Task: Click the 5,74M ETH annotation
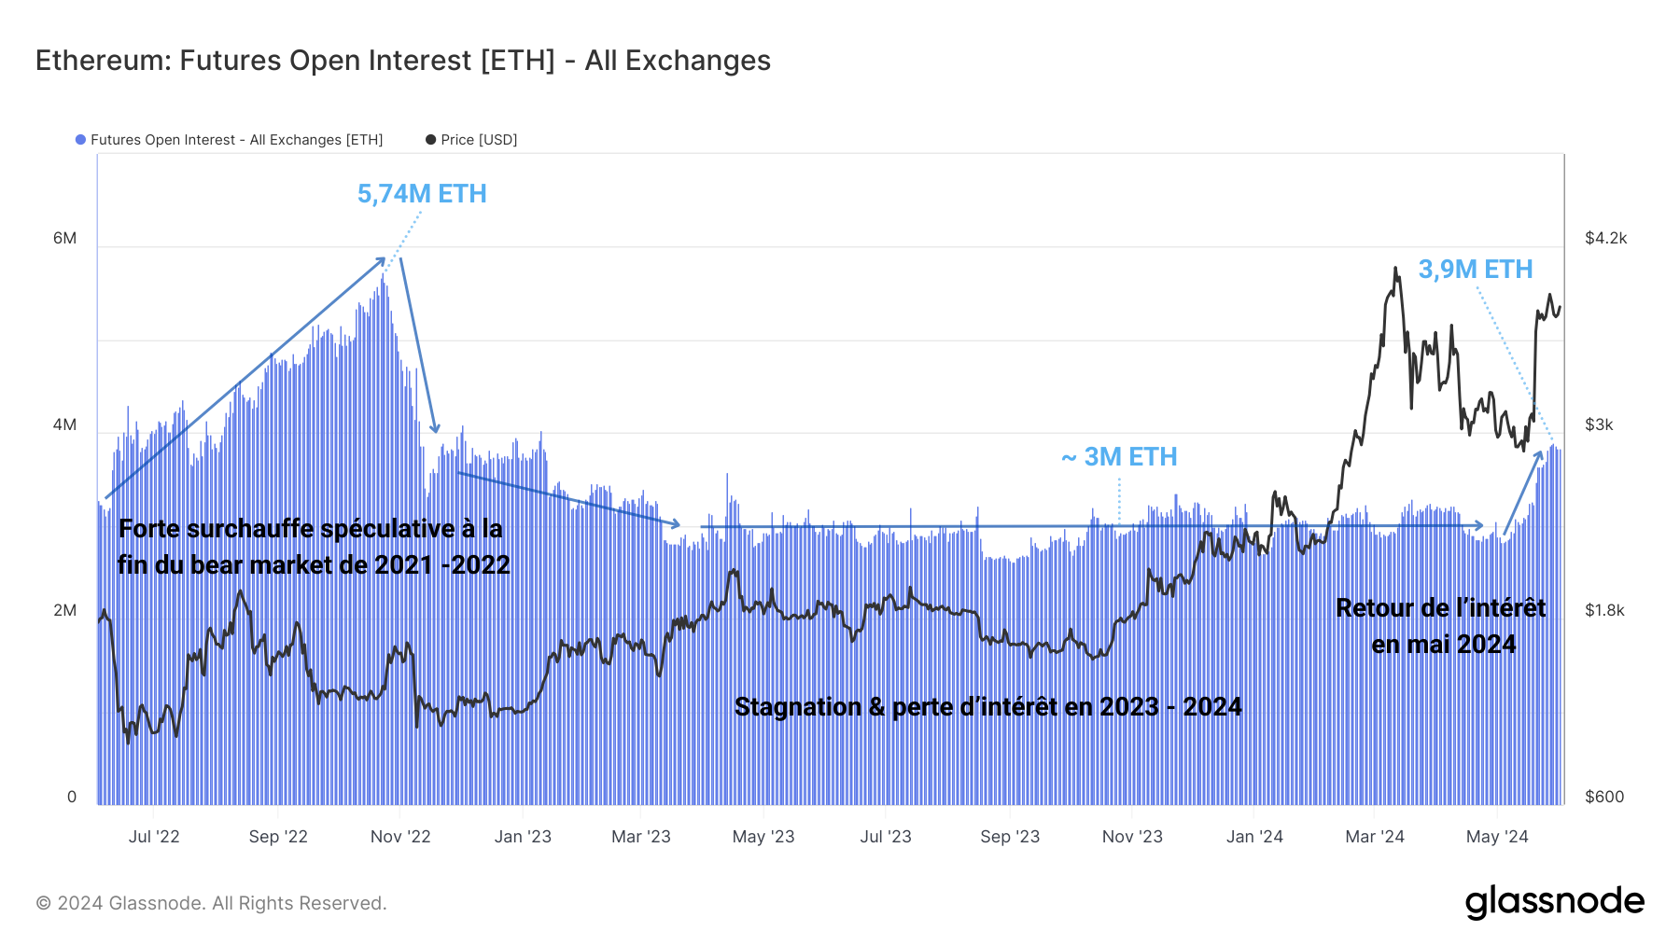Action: [x=422, y=194]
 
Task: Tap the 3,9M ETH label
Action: [x=1475, y=270]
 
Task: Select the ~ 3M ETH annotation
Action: [x=1119, y=457]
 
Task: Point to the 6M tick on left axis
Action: [x=64, y=238]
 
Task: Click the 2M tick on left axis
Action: [x=64, y=610]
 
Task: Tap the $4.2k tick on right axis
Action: [x=1605, y=238]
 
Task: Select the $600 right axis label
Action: [x=1604, y=797]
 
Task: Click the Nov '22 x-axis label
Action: [x=400, y=837]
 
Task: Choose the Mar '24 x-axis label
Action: [x=1374, y=837]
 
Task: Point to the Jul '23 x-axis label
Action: [x=885, y=837]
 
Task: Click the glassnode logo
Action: [x=1554, y=902]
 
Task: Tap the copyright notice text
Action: [x=211, y=903]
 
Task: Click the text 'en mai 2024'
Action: [x=1443, y=645]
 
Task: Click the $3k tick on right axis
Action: [x=1599, y=424]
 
